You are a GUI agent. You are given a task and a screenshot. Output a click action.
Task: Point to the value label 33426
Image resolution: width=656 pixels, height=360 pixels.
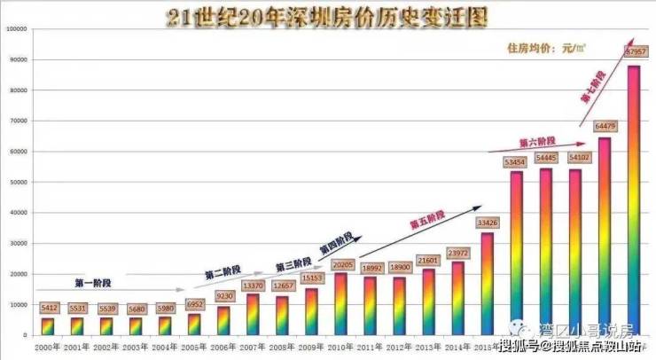coord(487,223)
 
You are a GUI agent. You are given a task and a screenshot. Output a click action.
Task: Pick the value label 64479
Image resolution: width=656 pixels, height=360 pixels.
coord(605,127)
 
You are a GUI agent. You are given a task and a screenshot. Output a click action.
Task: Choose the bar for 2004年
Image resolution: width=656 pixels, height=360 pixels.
coord(166,325)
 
